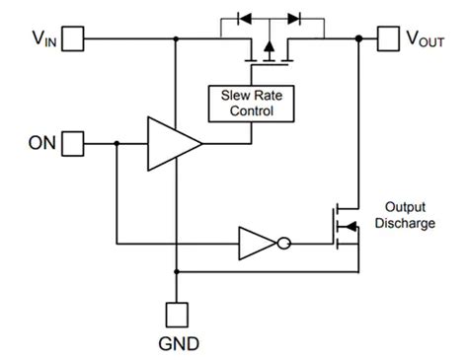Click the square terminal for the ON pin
[x=73, y=144]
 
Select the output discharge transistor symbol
[x=346, y=227]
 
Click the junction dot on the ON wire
[x=117, y=144]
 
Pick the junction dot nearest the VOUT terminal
[x=356, y=39]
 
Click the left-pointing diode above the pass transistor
[x=245, y=18]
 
